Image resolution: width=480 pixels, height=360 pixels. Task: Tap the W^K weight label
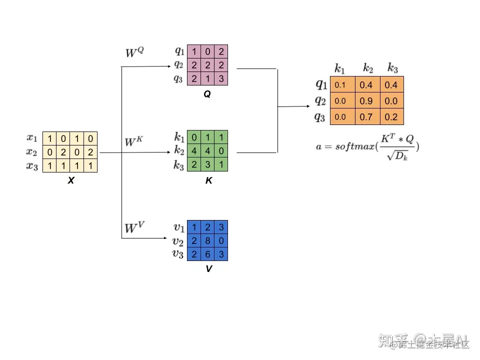134,142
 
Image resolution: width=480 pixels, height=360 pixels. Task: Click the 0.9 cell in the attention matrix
366,101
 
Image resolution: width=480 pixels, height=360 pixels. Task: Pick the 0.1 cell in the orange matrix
340,85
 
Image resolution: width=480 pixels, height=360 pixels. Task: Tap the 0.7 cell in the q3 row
366,117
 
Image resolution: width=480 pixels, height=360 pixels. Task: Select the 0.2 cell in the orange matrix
391,117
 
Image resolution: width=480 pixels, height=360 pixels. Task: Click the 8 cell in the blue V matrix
207,241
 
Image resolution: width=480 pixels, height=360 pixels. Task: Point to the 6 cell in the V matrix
207,254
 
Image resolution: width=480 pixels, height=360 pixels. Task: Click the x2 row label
32,152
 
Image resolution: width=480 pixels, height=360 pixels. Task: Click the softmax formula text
367,145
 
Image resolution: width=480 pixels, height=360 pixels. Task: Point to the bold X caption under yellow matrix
70,181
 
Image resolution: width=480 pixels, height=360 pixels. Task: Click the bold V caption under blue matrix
208,269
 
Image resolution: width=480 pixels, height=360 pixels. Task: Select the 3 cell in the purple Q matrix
221,78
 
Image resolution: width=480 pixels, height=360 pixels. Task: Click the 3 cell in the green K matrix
207,165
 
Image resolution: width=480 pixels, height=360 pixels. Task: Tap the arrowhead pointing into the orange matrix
306,106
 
